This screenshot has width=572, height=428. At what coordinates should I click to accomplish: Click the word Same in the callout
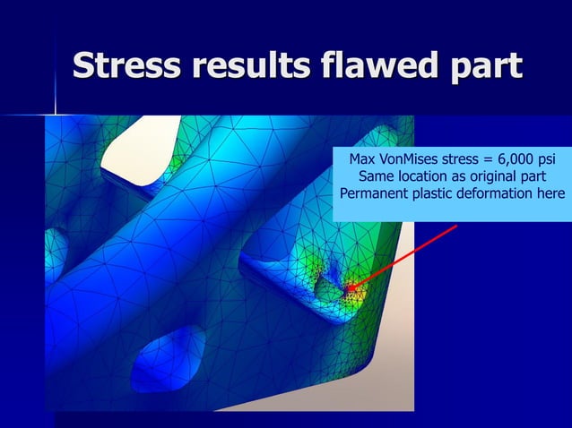pyautogui.click(x=377, y=177)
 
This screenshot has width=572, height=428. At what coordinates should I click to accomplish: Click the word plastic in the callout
pyautogui.click(x=429, y=194)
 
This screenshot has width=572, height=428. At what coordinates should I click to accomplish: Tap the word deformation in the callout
pyautogui.click(x=497, y=194)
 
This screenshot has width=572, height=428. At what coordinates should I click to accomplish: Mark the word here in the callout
pyautogui.click(x=550, y=194)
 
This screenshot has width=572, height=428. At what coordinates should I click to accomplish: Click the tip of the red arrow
pyautogui.click(x=347, y=290)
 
